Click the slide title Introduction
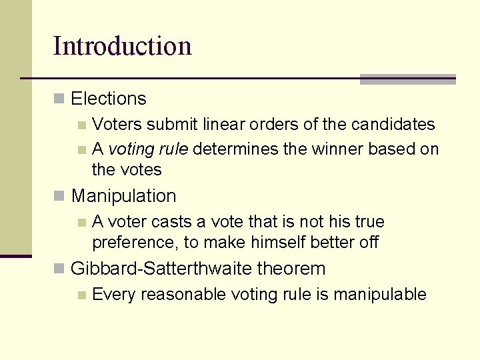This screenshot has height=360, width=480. pos(122,46)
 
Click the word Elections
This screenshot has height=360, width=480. pos(108,99)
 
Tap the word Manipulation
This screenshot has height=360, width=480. pos(123,196)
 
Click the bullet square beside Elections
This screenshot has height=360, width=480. pos(59,99)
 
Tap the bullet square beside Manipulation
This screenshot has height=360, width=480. pos(59,196)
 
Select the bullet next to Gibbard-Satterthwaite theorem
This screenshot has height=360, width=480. pos(59,269)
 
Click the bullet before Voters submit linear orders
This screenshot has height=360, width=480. pos(81,125)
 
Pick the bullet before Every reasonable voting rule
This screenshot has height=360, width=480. pos(81,295)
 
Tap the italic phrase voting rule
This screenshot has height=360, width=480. pos(149,148)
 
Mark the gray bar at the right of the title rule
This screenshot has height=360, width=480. pos(407,79)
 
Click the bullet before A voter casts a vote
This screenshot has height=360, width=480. pos(81,222)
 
